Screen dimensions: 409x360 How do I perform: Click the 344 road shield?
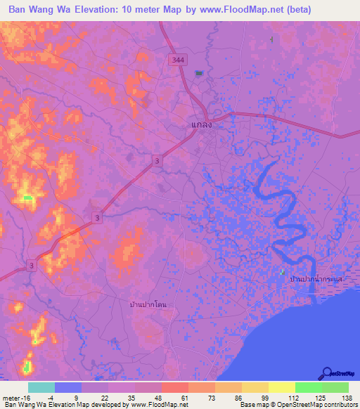pyautogui.click(x=178, y=61)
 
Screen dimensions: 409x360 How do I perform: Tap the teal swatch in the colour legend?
pyautogui.click(x=41, y=387)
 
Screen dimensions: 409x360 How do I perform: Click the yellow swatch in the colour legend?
pyautogui.click(x=281, y=387)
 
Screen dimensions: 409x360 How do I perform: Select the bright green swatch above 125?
pyautogui.click(x=308, y=387)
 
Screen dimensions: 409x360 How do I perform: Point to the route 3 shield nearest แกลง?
pyautogui.click(x=157, y=162)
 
